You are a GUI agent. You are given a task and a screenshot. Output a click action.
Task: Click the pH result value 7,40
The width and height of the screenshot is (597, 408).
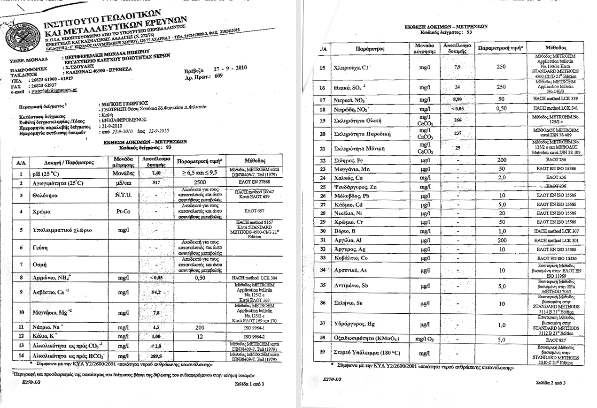tap(157, 173)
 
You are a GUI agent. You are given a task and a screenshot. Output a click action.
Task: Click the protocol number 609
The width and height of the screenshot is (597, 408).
tap(217, 76)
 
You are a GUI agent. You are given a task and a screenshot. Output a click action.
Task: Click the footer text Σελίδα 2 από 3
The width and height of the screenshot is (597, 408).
tap(550, 383)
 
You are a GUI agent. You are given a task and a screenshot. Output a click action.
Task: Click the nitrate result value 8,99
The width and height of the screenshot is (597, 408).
tap(457, 99)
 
